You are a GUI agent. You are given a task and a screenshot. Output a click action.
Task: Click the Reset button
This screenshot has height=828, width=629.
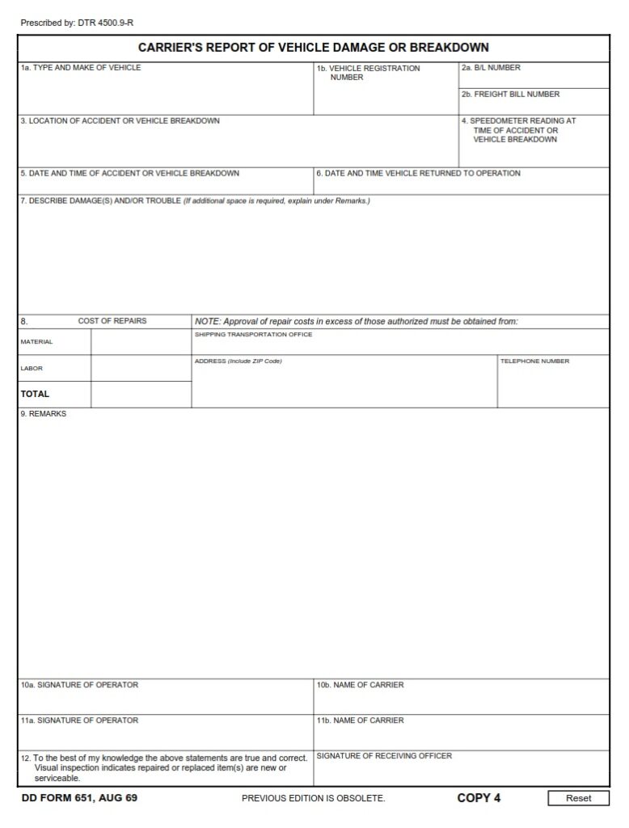click(578, 798)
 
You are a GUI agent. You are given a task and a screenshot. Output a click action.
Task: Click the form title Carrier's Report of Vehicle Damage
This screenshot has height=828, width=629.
click(314, 48)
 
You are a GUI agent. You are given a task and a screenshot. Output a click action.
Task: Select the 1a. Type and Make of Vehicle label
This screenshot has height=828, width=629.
click(81, 68)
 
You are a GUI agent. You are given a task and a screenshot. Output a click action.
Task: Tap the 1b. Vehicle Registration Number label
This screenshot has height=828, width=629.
click(369, 73)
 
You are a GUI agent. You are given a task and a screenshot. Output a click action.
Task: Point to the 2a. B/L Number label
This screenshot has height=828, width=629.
click(491, 68)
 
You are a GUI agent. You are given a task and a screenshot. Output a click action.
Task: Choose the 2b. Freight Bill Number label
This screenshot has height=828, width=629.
click(510, 95)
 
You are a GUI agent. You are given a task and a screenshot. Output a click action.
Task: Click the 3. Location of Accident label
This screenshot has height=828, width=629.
click(120, 120)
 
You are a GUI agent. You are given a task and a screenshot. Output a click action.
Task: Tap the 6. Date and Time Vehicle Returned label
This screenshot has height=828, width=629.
click(418, 173)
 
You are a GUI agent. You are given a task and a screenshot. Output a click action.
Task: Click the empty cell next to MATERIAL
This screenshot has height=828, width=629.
click(141, 342)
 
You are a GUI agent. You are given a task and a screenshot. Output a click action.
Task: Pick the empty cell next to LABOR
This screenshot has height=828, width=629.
click(141, 369)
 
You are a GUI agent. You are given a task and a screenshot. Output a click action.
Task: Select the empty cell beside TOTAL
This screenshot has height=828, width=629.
click(141, 395)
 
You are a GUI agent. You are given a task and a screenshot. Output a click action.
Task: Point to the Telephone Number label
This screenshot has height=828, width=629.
click(534, 361)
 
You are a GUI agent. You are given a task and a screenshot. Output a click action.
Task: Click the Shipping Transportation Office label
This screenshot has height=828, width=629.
click(253, 335)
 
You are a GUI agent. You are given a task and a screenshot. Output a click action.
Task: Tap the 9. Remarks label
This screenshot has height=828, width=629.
click(44, 414)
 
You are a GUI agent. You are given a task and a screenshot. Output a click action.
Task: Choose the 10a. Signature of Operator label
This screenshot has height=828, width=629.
click(79, 685)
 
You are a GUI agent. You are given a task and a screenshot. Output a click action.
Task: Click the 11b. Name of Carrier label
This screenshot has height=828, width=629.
click(361, 720)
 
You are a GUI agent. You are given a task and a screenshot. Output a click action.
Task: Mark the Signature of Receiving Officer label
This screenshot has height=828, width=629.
click(384, 756)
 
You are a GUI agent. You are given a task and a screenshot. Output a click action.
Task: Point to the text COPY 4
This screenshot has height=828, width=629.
click(479, 798)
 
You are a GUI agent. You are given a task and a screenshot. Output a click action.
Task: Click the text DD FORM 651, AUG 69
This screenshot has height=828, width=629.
click(79, 798)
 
